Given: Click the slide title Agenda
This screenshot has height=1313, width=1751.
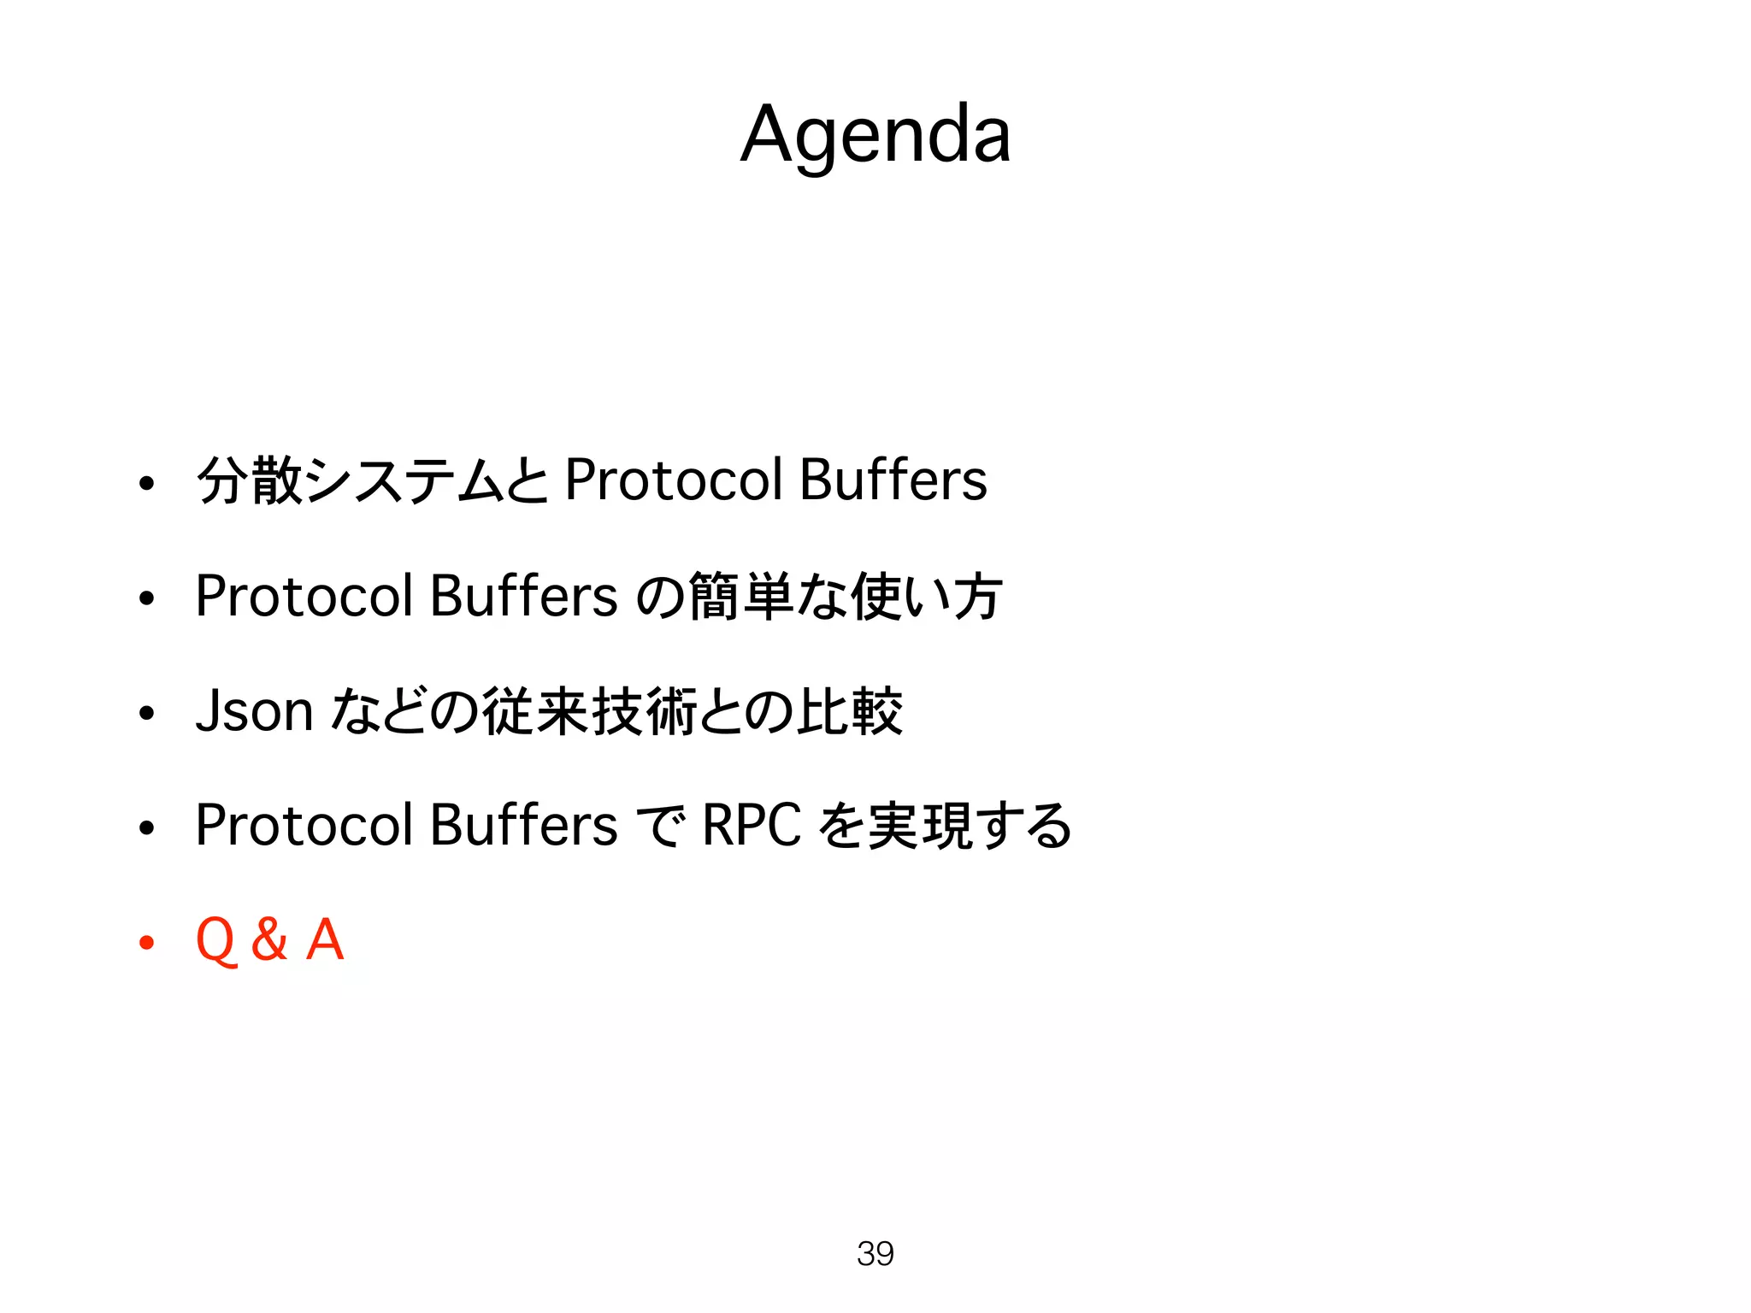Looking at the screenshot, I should (875, 135).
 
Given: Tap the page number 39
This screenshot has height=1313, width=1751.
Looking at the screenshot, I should (875, 1253).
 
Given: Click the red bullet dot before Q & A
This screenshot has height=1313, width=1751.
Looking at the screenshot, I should (147, 942).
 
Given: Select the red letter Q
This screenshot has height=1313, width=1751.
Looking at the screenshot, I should (215, 940).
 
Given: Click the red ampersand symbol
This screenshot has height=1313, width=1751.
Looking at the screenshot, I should (269, 939).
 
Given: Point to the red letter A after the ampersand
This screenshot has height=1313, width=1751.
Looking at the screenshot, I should (325, 939).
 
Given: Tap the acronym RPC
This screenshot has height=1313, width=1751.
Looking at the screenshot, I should (752, 825).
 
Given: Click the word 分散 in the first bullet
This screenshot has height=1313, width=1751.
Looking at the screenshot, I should (250, 480).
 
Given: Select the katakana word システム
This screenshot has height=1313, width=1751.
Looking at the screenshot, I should (404, 480).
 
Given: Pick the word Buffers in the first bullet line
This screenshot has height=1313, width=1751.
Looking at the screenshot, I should (893, 480).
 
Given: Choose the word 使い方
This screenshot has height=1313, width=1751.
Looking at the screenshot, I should (927, 596).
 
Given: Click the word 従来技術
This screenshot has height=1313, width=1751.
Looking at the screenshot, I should (590, 711).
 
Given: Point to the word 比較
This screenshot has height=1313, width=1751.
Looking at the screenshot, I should (850, 711).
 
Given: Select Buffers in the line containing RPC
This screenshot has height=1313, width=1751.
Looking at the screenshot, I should (523, 825).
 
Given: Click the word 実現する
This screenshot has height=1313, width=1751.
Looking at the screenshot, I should (970, 826).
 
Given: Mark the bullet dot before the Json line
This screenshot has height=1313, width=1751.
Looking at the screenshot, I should (147, 713).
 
